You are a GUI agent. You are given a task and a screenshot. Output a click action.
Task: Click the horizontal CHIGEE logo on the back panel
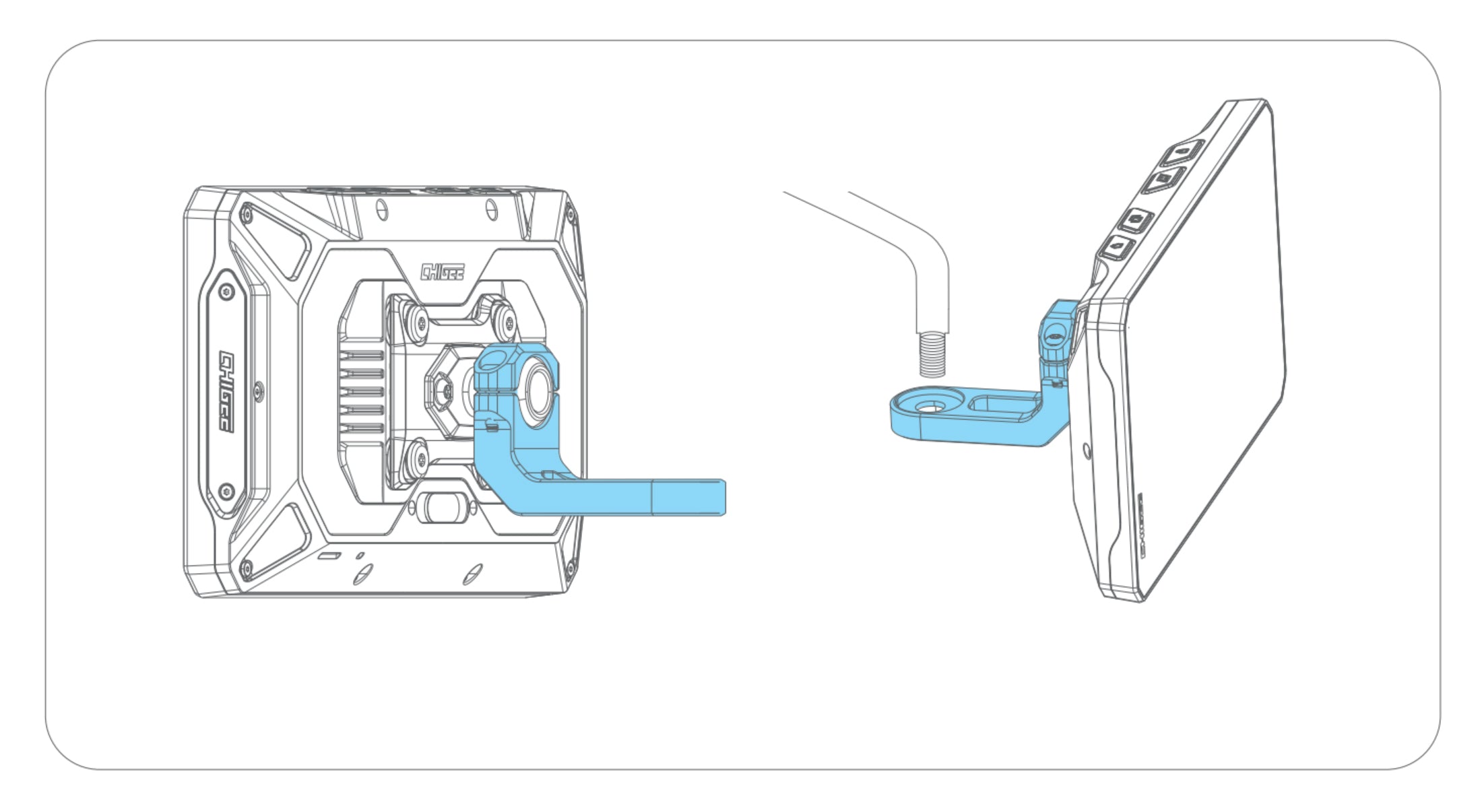pyautogui.click(x=442, y=271)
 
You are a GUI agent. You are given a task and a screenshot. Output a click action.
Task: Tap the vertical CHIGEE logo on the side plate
pyautogui.click(x=228, y=391)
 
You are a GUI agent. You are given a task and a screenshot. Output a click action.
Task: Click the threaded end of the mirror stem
pyautogui.click(x=932, y=352)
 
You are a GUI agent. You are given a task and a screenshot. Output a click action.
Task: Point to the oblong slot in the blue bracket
pyautogui.click(x=1004, y=406)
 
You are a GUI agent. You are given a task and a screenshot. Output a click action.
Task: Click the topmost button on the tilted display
pyautogui.click(x=1182, y=152)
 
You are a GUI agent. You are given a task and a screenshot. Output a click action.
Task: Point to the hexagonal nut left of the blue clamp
pyautogui.click(x=443, y=388)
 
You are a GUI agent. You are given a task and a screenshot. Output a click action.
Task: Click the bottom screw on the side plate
pyautogui.click(x=227, y=491)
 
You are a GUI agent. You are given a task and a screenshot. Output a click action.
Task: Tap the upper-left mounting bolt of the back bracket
pyautogui.click(x=413, y=316)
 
